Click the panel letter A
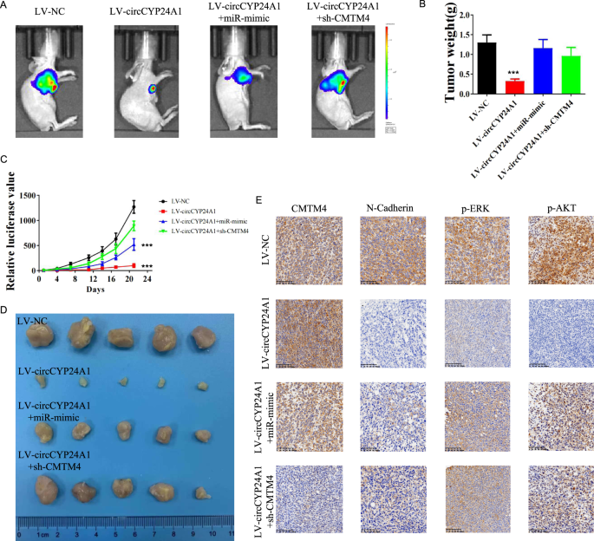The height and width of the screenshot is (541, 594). click(x=5, y=8)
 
